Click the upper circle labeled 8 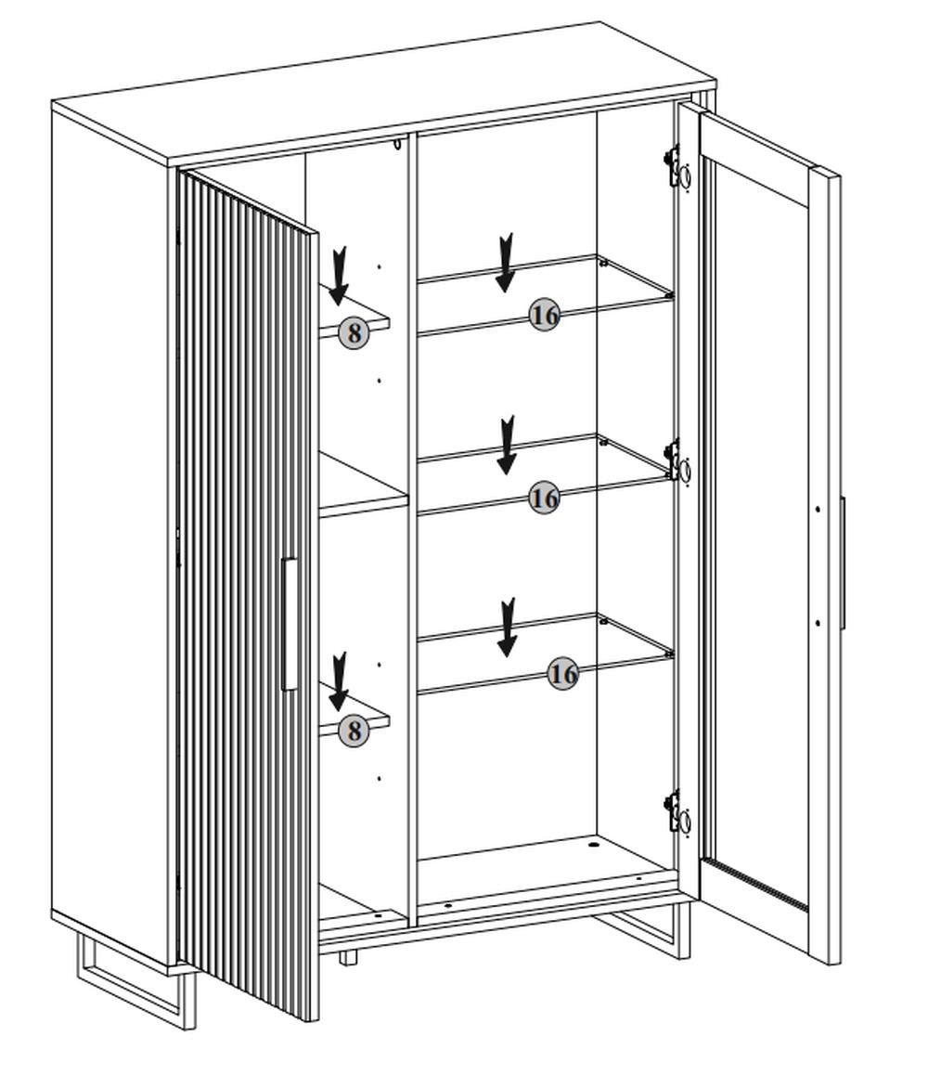coord(354,332)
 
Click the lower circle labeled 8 coord(353,731)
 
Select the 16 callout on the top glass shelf coord(545,316)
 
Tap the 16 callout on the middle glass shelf coord(545,499)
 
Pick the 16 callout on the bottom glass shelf coord(562,674)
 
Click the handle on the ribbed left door coord(290,624)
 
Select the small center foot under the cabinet coord(348,956)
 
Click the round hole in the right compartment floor coord(594,847)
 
